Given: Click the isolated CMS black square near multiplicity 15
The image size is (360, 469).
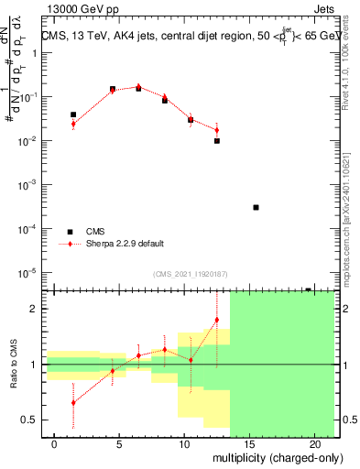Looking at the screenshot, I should [256, 207].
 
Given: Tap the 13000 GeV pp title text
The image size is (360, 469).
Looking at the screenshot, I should [80, 9].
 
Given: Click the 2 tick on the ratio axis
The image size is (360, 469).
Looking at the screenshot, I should [33, 309].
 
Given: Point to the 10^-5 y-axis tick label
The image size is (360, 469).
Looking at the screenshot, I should [27, 272].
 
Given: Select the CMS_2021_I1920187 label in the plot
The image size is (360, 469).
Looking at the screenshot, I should [190, 272].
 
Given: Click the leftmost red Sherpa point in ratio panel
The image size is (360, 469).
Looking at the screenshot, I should [73, 402].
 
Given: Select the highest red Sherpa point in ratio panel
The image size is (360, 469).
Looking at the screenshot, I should [217, 320].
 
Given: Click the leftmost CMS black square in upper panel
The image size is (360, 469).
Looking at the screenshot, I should [73, 115].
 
